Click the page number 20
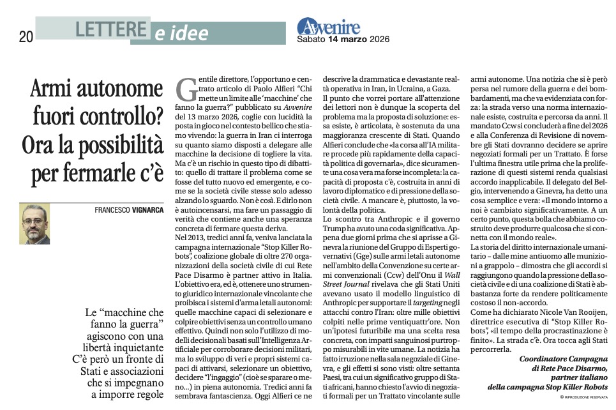pos(25,37)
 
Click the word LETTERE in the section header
pos(108,29)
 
